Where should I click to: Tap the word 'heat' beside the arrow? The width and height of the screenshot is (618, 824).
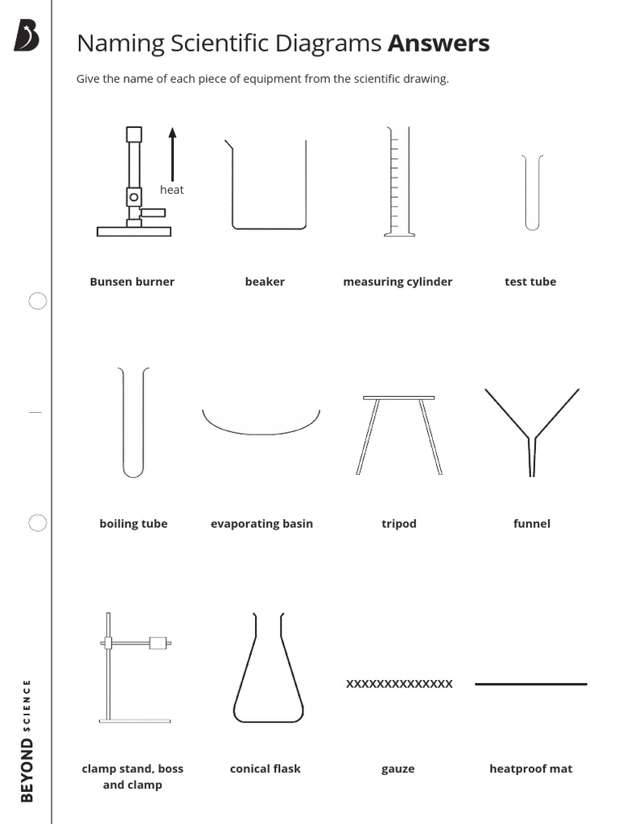171,190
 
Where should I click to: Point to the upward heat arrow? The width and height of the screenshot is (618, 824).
172,153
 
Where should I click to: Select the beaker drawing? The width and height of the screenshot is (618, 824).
268,185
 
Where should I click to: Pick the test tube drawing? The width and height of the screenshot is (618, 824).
531,193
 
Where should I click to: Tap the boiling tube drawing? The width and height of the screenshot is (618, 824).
134,422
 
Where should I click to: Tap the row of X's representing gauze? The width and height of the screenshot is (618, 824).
399,684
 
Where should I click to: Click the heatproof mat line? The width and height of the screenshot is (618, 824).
531,684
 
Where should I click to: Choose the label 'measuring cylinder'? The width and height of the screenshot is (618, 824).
398,282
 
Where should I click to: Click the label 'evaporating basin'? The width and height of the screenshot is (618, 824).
262,524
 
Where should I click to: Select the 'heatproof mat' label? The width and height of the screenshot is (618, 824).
531,768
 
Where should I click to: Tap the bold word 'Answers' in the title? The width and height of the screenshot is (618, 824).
439,43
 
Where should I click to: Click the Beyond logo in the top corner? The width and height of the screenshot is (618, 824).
26,36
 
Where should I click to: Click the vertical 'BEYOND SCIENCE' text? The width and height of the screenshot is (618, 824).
27,740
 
